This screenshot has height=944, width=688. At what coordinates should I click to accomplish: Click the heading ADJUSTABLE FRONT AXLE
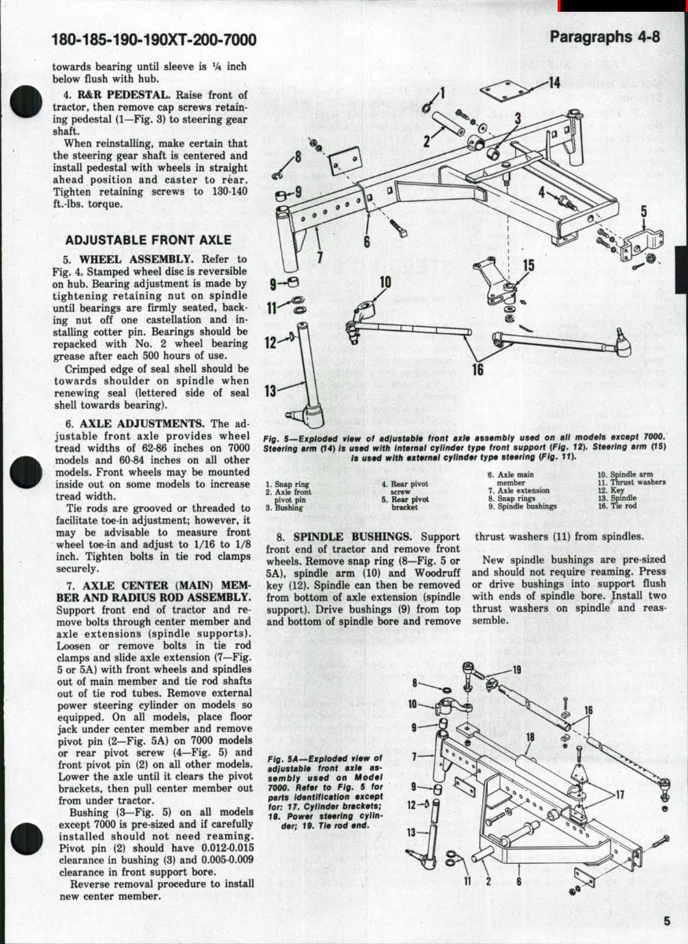point(148,240)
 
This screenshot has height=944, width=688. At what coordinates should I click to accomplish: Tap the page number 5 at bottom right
point(666,922)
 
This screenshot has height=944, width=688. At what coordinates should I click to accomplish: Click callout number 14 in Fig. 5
point(554,83)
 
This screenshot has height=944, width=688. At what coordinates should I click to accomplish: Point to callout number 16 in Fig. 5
point(478,369)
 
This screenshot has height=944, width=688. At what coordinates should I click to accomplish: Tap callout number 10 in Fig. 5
point(385,282)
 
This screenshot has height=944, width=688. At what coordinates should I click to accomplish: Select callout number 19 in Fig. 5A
point(517,670)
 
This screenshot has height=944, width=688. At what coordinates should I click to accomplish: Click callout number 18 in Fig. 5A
point(530,737)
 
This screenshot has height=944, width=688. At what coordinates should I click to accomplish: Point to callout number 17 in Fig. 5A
point(620,794)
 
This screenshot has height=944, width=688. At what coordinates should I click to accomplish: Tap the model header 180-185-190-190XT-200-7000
point(153,40)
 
